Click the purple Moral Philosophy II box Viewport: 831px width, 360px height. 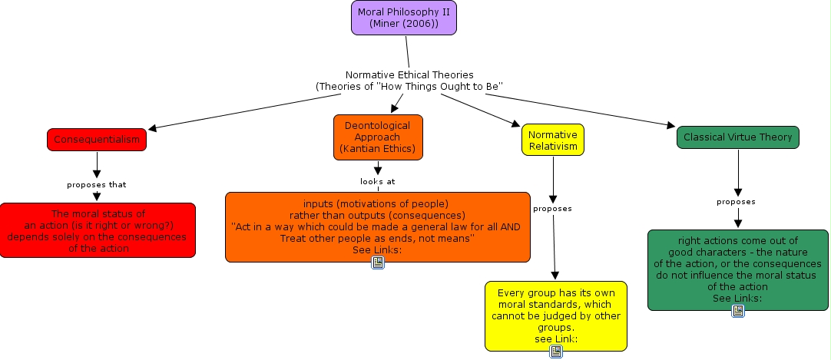pos(404,18)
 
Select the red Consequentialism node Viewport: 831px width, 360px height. pos(96,140)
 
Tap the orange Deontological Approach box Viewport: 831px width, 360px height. pos(378,137)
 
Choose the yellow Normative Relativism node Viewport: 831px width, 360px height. pos(553,140)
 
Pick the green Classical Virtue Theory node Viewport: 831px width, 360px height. pos(738,137)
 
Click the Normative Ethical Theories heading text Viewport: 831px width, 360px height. pos(409,81)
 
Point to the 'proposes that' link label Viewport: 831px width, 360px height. pos(97,184)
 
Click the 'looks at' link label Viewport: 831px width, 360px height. pos(378,182)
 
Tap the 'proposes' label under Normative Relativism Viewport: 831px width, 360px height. pos(552,208)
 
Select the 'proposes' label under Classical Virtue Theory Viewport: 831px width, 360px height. pos(737,202)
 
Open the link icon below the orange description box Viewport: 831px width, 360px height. pos(378,263)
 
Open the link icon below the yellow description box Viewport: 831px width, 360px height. pos(556,352)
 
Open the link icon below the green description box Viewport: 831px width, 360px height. pos(738,311)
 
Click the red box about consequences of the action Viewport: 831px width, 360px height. pos(98,230)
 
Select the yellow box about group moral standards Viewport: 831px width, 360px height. pos(556,315)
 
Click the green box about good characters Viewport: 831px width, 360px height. pos(738,269)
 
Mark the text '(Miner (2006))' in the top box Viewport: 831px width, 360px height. pos(404,24)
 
